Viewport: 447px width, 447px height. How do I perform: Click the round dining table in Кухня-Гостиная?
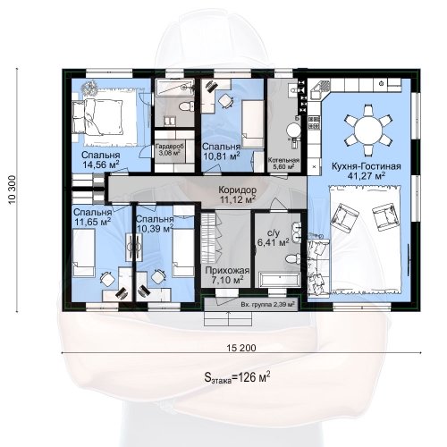(x=369, y=131)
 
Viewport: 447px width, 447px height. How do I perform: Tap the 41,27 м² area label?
(x=367, y=176)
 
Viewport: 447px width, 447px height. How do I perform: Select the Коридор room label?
(x=238, y=190)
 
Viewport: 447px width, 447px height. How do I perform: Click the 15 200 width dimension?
(x=241, y=348)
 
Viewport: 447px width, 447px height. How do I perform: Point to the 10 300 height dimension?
(x=13, y=190)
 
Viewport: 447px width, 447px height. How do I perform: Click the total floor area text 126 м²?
(x=238, y=377)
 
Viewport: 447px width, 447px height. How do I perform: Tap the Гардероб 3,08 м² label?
(x=170, y=150)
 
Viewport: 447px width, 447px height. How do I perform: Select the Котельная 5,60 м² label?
(x=283, y=164)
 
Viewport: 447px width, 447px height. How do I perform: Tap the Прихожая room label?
(x=227, y=271)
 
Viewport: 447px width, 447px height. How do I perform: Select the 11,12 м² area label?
(x=238, y=199)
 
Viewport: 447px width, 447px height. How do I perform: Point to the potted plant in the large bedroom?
(x=90, y=86)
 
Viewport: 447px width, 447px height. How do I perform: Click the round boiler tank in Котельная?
(x=293, y=131)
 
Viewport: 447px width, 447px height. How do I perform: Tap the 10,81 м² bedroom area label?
(x=221, y=156)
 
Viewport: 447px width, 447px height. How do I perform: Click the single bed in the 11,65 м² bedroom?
(x=84, y=252)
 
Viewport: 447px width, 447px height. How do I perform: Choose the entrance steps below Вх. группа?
(x=228, y=319)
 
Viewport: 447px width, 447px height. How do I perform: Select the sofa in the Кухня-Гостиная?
(x=318, y=266)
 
